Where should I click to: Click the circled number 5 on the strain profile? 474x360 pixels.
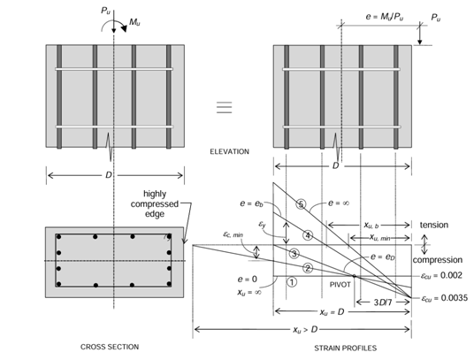click(301, 204)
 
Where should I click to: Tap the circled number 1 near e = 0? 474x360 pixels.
click(292, 282)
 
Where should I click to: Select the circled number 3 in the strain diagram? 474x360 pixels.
click(294, 254)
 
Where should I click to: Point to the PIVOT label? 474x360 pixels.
click(340, 285)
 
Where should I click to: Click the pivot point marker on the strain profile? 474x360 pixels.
click(354, 276)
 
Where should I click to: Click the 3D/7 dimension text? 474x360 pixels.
click(382, 303)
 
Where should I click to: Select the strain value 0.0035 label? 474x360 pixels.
click(445, 298)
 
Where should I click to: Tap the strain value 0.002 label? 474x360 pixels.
click(442, 275)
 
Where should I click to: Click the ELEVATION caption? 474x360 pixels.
click(229, 151)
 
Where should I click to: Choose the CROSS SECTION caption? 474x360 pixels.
click(110, 347)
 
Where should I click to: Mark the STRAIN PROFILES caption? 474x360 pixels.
click(345, 349)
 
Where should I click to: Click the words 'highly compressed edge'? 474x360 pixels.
click(155, 203)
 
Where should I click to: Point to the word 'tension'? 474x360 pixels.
click(434, 225)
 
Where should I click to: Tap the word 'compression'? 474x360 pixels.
click(438, 260)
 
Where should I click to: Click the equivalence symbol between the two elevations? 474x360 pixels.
click(225, 108)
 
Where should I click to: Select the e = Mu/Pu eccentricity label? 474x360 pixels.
click(384, 16)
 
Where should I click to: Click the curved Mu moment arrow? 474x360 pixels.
click(114, 23)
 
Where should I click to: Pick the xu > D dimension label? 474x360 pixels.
click(305, 329)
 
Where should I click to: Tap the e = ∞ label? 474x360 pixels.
click(339, 203)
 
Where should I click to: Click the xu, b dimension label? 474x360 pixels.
click(371, 225)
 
